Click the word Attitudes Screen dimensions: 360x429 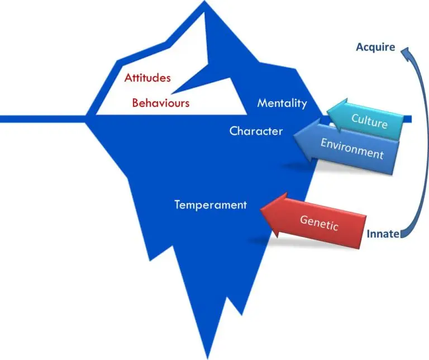tap(147, 78)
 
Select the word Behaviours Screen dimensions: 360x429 tap(161, 103)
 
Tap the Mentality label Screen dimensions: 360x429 tap(282, 103)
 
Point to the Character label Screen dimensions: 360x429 tap(256, 131)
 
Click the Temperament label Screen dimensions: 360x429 tap(210, 205)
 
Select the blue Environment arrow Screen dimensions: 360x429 tap(349, 147)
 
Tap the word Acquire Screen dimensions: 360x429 tap(375, 48)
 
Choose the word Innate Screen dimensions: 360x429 tap(383, 234)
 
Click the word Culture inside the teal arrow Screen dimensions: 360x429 tap(369, 120)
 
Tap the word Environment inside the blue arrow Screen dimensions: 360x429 tap(352, 149)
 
